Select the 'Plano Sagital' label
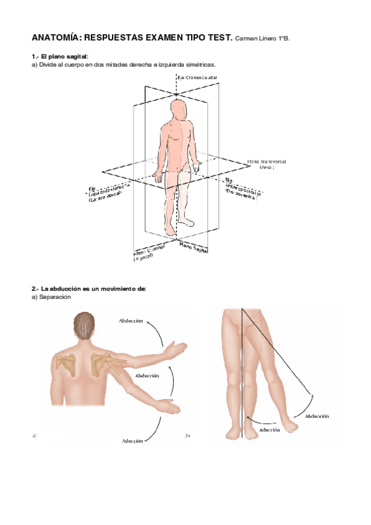tap(193, 248)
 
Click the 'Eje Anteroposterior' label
tap(242, 188)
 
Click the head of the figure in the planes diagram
tap(179, 111)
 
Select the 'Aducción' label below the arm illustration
tap(132, 441)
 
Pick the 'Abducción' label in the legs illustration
tap(317, 416)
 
